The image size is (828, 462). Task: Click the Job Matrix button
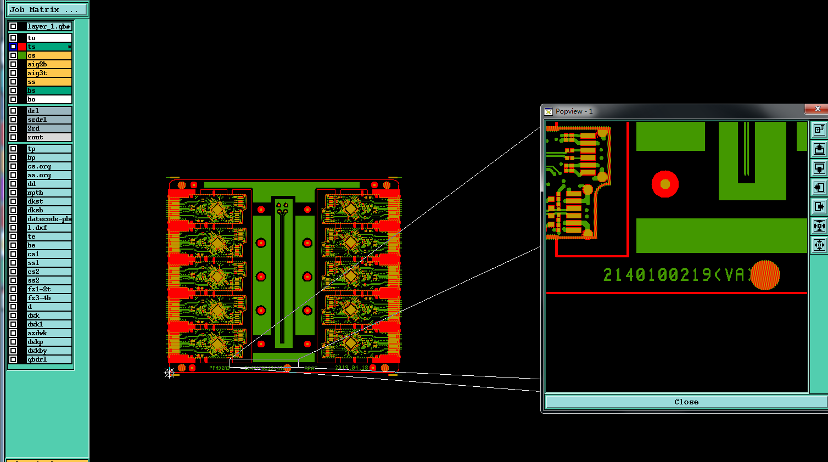pyautogui.click(x=47, y=9)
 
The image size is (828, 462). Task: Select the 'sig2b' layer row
pyautogui.click(x=49, y=64)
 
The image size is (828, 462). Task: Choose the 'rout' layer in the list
pyautogui.click(x=49, y=137)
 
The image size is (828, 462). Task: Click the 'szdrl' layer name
pyautogui.click(x=49, y=120)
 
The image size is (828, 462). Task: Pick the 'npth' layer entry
pyautogui.click(x=49, y=193)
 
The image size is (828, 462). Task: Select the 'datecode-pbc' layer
pyautogui.click(x=49, y=219)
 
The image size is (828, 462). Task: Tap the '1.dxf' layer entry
pyautogui.click(x=49, y=228)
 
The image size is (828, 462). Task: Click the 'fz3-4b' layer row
pyautogui.click(x=49, y=298)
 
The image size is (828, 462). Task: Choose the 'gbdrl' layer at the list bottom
pyautogui.click(x=49, y=359)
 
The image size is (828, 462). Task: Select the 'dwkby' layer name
pyautogui.click(x=49, y=351)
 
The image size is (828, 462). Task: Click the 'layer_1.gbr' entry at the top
pyautogui.click(x=49, y=26)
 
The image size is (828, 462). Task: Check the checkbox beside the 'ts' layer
pyautogui.click(x=13, y=47)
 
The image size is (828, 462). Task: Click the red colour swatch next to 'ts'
pyautogui.click(x=22, y=47)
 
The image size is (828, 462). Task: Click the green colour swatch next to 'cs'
pyautogui.click(x=22, y=55)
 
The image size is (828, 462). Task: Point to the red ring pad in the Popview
pyautogui.click(x=665, y=184)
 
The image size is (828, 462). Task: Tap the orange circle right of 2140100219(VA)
pyautogui.click(x=765, y=275)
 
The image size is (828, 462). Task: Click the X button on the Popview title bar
pyautogui.click(x=817, y=109)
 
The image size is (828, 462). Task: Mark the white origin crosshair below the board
pyautogui.click(x=169, y=373)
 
